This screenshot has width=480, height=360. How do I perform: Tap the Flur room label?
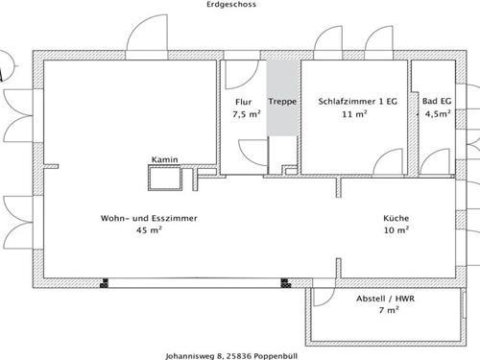pyautogui.click(x=243, y=102)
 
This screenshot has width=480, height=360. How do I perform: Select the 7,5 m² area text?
pyautogui.click(x=245, y=114)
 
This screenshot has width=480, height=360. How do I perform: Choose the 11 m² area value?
pyautogui.click(x=355, y=114)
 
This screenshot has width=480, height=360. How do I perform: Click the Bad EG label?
pyautogui.click(x=437, y=102)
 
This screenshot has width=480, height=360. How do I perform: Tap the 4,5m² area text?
pyautogui.click(x=438, y=114)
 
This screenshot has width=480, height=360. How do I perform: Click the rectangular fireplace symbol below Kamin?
pyautogui.click(x=163, y=177)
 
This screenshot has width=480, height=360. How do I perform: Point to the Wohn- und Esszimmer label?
pyautogui.click(x=149, y=218)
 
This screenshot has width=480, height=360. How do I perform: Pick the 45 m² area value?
pyautogui.click(x=149, y=230)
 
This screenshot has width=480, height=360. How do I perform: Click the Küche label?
pyautogui.click(x=396, y=218)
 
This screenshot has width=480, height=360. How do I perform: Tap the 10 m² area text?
pyautogui.click(x=396, y=230)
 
